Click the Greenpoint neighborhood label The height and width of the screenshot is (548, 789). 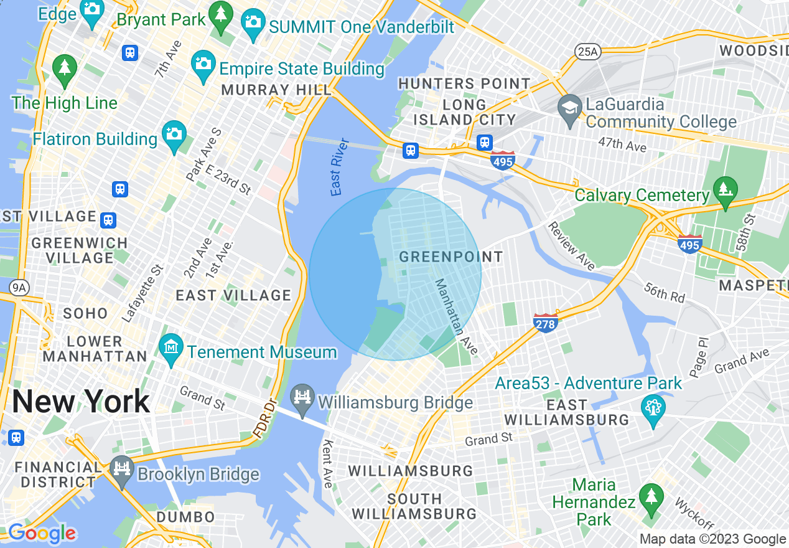[x=451, y=257]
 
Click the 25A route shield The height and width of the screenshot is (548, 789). [x=587, y=52]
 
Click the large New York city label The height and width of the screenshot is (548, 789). [x=81, y=402]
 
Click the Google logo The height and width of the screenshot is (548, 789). [x=42, y=533]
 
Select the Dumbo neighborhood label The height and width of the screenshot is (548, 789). [x=185, y=517]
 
